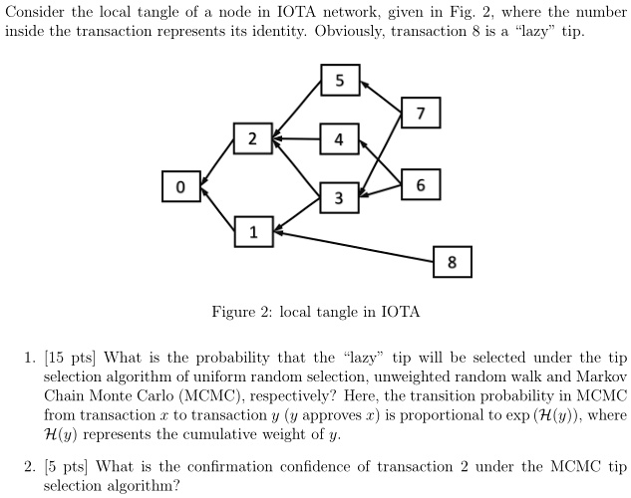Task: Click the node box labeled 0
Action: coord(179,186)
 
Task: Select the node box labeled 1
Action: coord(252,233)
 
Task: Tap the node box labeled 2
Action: coord(252,139)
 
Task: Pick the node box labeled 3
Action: coord(339,197)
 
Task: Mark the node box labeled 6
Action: coord(421,185)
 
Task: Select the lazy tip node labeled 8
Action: coord(453,262)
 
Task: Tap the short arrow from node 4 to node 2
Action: coord(296,139)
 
